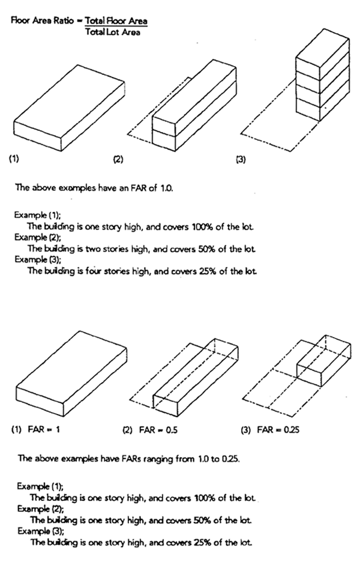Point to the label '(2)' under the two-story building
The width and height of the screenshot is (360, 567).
coord(118,160)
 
